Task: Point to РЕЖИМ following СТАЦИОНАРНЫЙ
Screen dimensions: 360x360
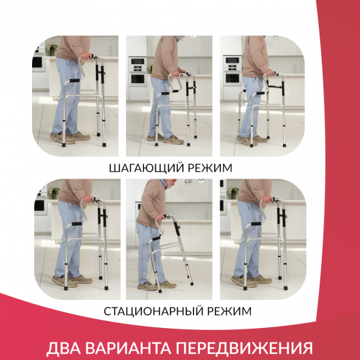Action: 228,311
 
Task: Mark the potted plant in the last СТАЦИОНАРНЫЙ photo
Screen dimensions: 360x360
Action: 234,194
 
